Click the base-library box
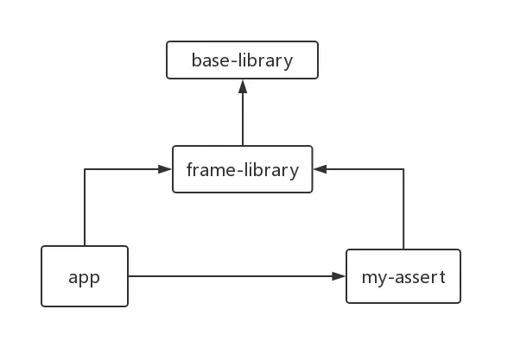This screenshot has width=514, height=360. click(x=242, y=60)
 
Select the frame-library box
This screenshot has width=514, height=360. click(x=243, y=169)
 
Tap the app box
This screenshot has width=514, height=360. click(x=85, y=276)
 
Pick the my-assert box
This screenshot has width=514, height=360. click(x=403, y=276)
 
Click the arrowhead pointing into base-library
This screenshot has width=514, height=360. click(x=243, y=86)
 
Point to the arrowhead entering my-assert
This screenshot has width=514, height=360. click(x=339, y=276)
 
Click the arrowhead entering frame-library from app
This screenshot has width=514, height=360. click(x=165, y=169)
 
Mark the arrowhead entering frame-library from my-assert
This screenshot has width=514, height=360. click(x=320, y=169)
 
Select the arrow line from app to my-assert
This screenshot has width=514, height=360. click(x=237, y=276)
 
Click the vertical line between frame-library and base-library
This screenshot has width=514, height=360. click(x=243, y=119)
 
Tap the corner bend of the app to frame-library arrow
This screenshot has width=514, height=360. click(x=85, y=169)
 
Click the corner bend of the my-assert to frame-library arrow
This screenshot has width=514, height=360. click(x=403, y=169)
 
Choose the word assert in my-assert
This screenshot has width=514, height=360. click(x=420, y=277)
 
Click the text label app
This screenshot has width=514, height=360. click(x=85, y=279)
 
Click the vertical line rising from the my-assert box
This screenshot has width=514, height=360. click(x=403, y=209)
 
